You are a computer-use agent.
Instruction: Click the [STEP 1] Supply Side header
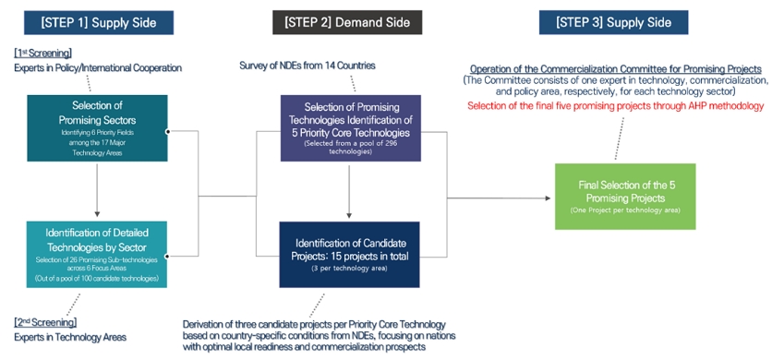click(99, 22)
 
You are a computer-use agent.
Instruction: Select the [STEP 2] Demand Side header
click(347, 22)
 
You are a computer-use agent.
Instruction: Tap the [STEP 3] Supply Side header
click(613, 22)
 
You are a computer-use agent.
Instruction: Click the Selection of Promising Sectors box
click(97, 128)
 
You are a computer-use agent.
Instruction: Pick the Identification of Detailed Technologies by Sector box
click(97, 255)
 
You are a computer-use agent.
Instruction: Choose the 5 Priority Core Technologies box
click(351, 128)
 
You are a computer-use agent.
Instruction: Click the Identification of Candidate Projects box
click(349, 255)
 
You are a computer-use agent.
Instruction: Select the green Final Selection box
click(625, 197)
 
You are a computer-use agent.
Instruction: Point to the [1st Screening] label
click(43, 53)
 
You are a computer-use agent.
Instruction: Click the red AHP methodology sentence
click(616, 106)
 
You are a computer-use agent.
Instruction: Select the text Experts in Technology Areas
click(70, 337)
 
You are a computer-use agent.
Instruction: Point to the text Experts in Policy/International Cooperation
click(98, 68)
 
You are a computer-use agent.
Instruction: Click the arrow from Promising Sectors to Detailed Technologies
click(97, 189)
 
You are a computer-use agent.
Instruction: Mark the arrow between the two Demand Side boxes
click(349, 192)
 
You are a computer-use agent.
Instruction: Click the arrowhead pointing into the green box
click(548, 198)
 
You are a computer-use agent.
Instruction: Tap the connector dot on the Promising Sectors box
click(167, 131)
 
